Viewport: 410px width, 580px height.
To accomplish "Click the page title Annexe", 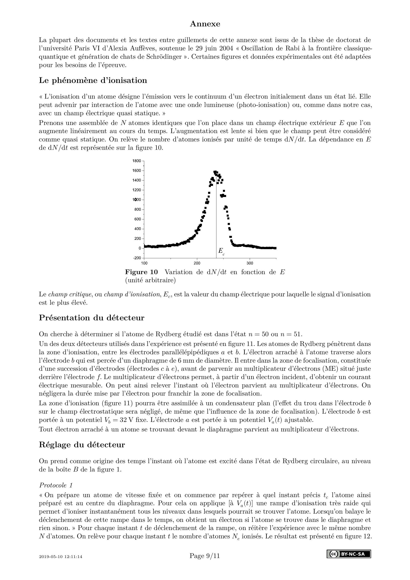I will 205,24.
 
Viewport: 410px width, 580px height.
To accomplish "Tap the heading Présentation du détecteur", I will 91,318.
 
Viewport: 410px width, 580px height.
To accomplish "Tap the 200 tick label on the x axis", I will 197,263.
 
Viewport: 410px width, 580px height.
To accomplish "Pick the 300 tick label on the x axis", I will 250,263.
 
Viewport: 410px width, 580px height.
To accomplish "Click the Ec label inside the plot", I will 221,251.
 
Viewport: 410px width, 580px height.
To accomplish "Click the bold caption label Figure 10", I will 141,272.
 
